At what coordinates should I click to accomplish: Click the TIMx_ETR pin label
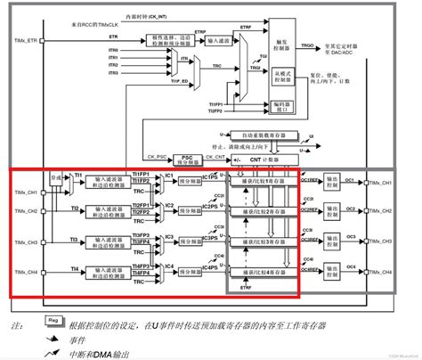[x=24, y=40]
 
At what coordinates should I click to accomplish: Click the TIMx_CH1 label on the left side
[x=25, y=191]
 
